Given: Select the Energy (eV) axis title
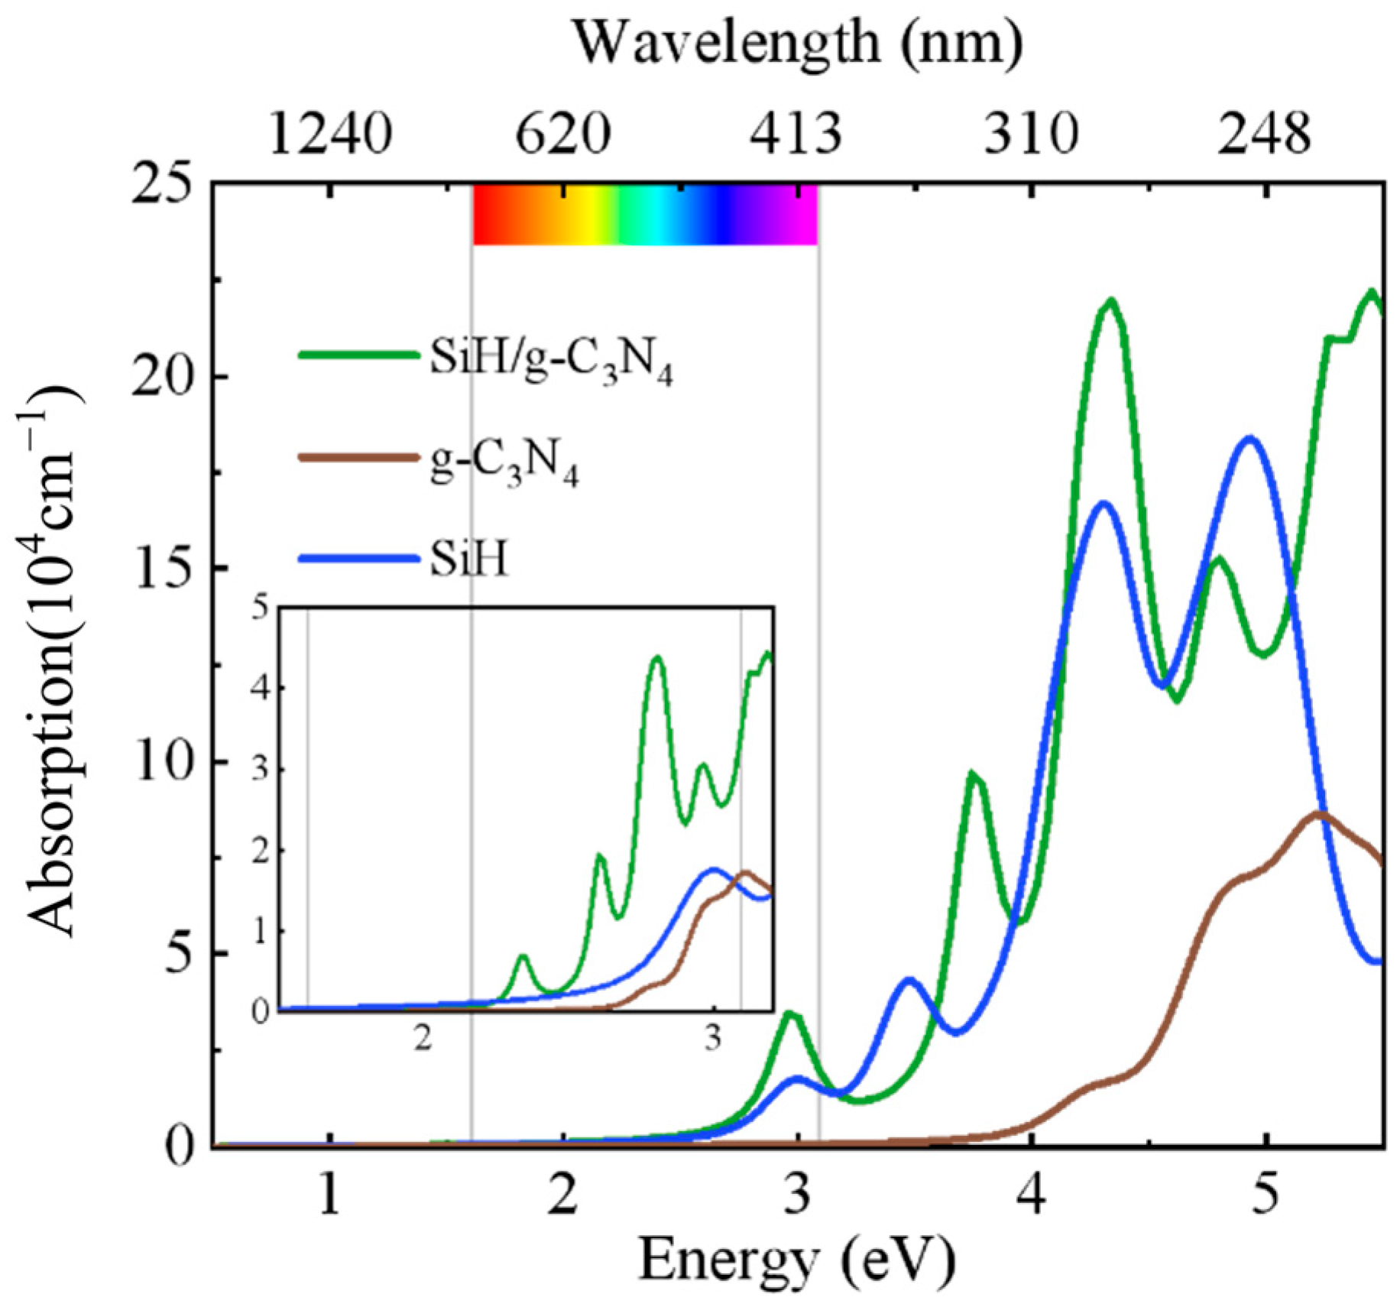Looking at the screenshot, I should (797, 1259).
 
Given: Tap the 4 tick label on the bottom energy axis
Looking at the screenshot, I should (1032, 1195).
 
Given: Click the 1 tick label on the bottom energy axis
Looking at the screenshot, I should (329, 1195).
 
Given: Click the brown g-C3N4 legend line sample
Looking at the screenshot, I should (358, 457).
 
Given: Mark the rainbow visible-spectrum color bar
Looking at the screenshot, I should (645, 215).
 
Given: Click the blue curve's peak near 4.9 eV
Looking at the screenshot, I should (1250, 438).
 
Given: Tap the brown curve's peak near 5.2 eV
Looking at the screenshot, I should (1318, 813).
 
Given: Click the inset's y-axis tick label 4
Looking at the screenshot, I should (262, 688).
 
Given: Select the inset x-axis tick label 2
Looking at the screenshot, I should (423, 1039).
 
